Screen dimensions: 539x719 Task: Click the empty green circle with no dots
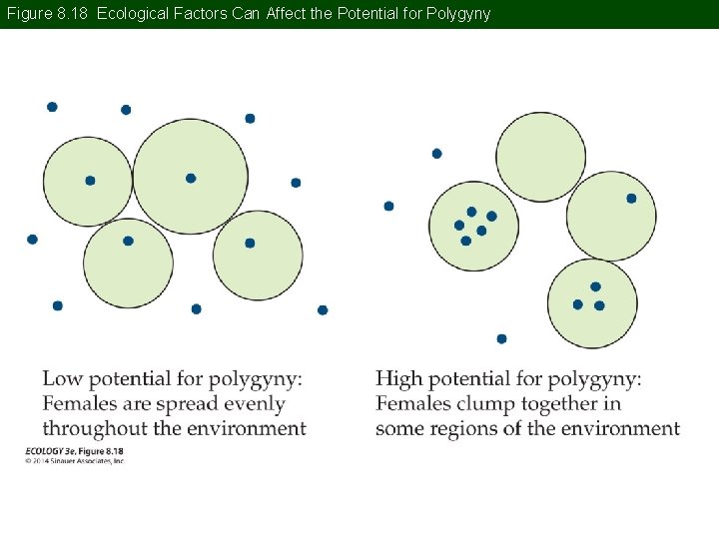[540, 157]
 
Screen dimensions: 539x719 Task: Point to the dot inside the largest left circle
[191, 179]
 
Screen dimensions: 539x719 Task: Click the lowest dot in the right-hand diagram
[501, 339]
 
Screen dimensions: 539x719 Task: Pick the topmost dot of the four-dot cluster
[471, 212]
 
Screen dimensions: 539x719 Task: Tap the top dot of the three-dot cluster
[595, 286]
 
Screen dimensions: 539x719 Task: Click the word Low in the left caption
[62, 379]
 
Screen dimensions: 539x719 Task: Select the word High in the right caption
[398, 379]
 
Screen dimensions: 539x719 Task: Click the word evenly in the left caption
[250, 404]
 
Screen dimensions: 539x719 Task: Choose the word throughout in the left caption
[93, 428]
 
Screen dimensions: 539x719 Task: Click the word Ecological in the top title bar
[136, 14]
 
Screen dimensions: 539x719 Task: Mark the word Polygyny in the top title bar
[458, 14]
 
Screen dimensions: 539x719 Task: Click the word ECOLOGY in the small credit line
[44, 452]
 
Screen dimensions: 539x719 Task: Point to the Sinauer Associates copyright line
[75, 460]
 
